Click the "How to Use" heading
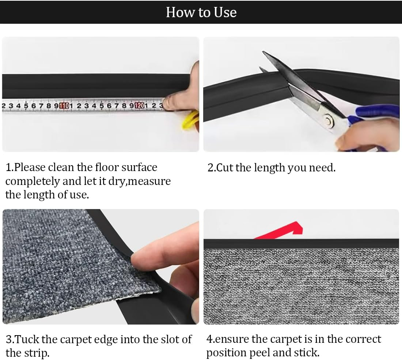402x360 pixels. (x=201, y=12)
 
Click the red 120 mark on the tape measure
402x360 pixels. (x=139, y=106)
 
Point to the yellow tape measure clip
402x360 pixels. (x=190, y=121)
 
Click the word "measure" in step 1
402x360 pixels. (x=150, y=181)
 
